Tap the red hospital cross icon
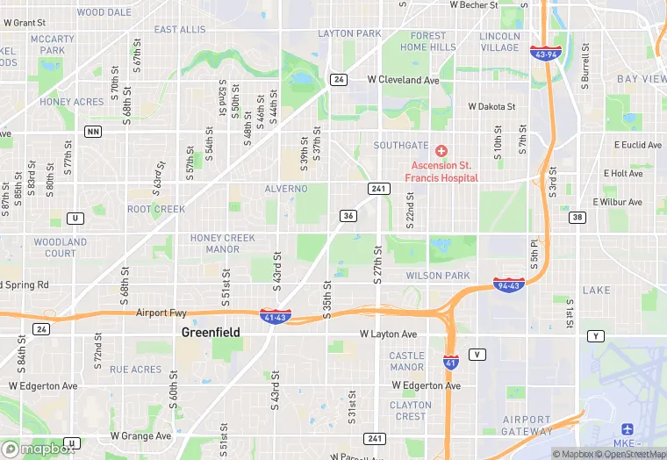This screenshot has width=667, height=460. point(441,151)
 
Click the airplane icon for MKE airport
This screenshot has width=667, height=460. point(628,428)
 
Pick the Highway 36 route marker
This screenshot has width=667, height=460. point(348,216)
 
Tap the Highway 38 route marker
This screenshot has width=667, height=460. point(577,217)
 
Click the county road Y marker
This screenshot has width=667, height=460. point(598,336)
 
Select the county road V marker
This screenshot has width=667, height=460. point(477,354)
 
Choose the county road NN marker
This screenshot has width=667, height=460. point(92,132)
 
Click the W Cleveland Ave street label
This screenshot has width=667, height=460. point(403,80)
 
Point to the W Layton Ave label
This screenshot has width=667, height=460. point(389,334)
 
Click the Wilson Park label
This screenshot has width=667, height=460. point(438,276)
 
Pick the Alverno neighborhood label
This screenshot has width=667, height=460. point(286,189)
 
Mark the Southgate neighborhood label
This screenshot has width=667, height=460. point(400,145)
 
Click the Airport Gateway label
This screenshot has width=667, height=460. point(527,425)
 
